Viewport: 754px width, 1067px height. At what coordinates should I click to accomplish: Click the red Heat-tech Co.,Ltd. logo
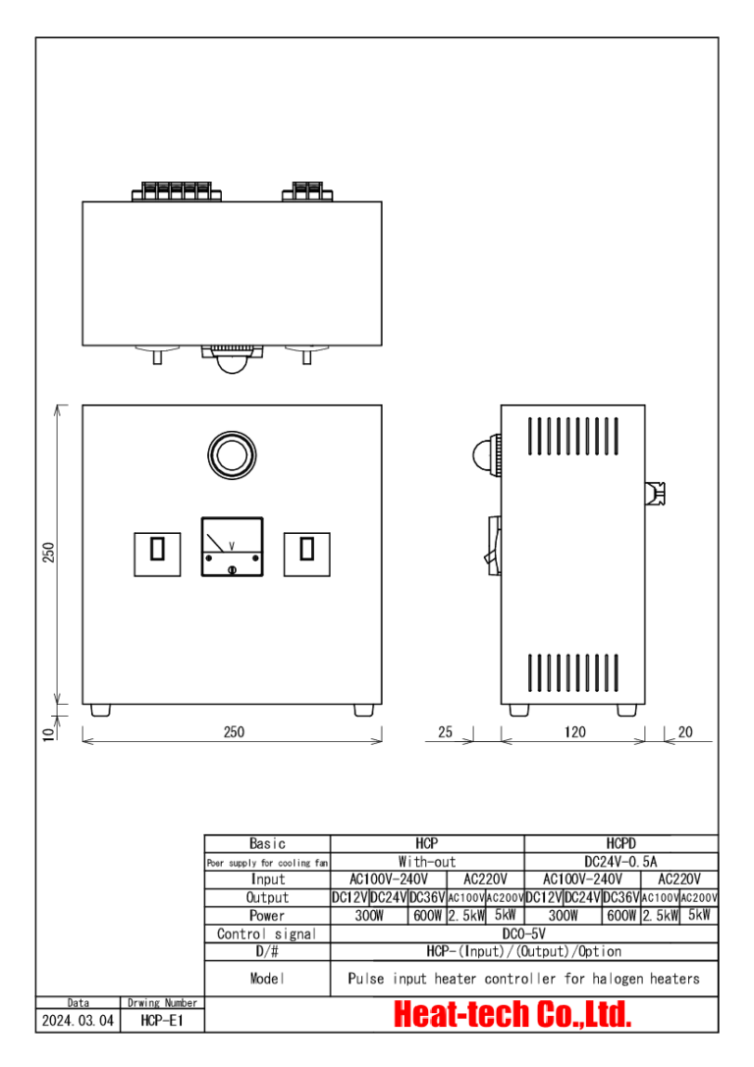tap(512, 1015)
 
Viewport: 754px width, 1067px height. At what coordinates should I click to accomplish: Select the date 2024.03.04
tap(79, 1021)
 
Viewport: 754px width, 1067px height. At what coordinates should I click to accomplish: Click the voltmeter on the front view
tap(232, 546)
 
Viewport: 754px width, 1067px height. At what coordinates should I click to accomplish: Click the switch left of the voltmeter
tap(158, 553)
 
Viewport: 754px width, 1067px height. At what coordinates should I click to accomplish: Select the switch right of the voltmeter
tap(306, 553)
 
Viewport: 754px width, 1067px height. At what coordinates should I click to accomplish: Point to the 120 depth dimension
tap(574, 731)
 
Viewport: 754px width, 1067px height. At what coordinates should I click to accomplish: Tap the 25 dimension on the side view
tap(445, 731)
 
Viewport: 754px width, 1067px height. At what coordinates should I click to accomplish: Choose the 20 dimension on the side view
tap(684, 731)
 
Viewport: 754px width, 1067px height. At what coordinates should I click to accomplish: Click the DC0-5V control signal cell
tap(523, 934)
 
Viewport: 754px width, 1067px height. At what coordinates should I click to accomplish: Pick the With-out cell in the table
tap(427, 861)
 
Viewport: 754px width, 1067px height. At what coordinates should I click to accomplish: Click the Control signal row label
tap(267, 934)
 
